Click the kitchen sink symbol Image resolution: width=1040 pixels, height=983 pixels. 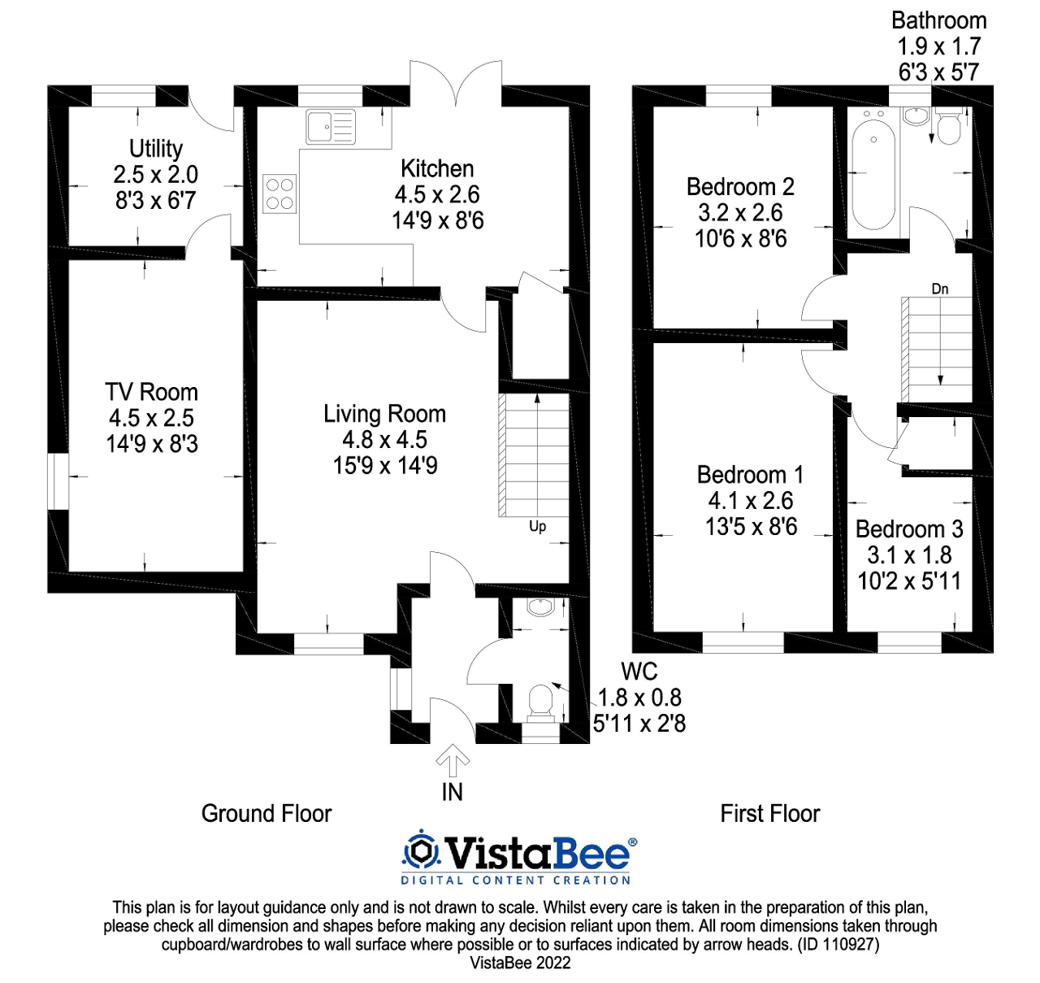click(x=331, y=128)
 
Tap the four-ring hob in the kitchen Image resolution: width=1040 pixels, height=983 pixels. click(x=279, y=194)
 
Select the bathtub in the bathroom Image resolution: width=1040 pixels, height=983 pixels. click(x=873, y=174)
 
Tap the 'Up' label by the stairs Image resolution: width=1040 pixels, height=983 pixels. click(x=537, y=526)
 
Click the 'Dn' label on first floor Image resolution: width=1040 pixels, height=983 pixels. click(x=939, y=289)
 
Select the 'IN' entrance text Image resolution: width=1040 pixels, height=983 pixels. click(x=452, y=792)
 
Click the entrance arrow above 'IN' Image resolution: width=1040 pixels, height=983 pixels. click(x=453, y=761)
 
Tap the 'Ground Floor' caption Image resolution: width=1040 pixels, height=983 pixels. click(x=266, y=814)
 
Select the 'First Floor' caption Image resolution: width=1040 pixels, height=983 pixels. click(x=769, y=814)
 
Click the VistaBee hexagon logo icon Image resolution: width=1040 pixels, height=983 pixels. click(x=421, y=851)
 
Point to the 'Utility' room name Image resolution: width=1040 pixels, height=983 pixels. click(x=156, y=149)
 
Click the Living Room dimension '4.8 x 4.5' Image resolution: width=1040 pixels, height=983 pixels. click(x=384, y=440)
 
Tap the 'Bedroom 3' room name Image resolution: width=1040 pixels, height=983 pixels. click(x=909, y=529)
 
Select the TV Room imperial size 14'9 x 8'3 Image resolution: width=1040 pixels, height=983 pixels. click(x=152, y=444)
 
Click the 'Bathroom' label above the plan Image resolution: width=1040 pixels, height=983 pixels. click(x=938, y=20)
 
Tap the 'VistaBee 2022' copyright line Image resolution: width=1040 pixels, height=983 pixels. click(x=520, y=963)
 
